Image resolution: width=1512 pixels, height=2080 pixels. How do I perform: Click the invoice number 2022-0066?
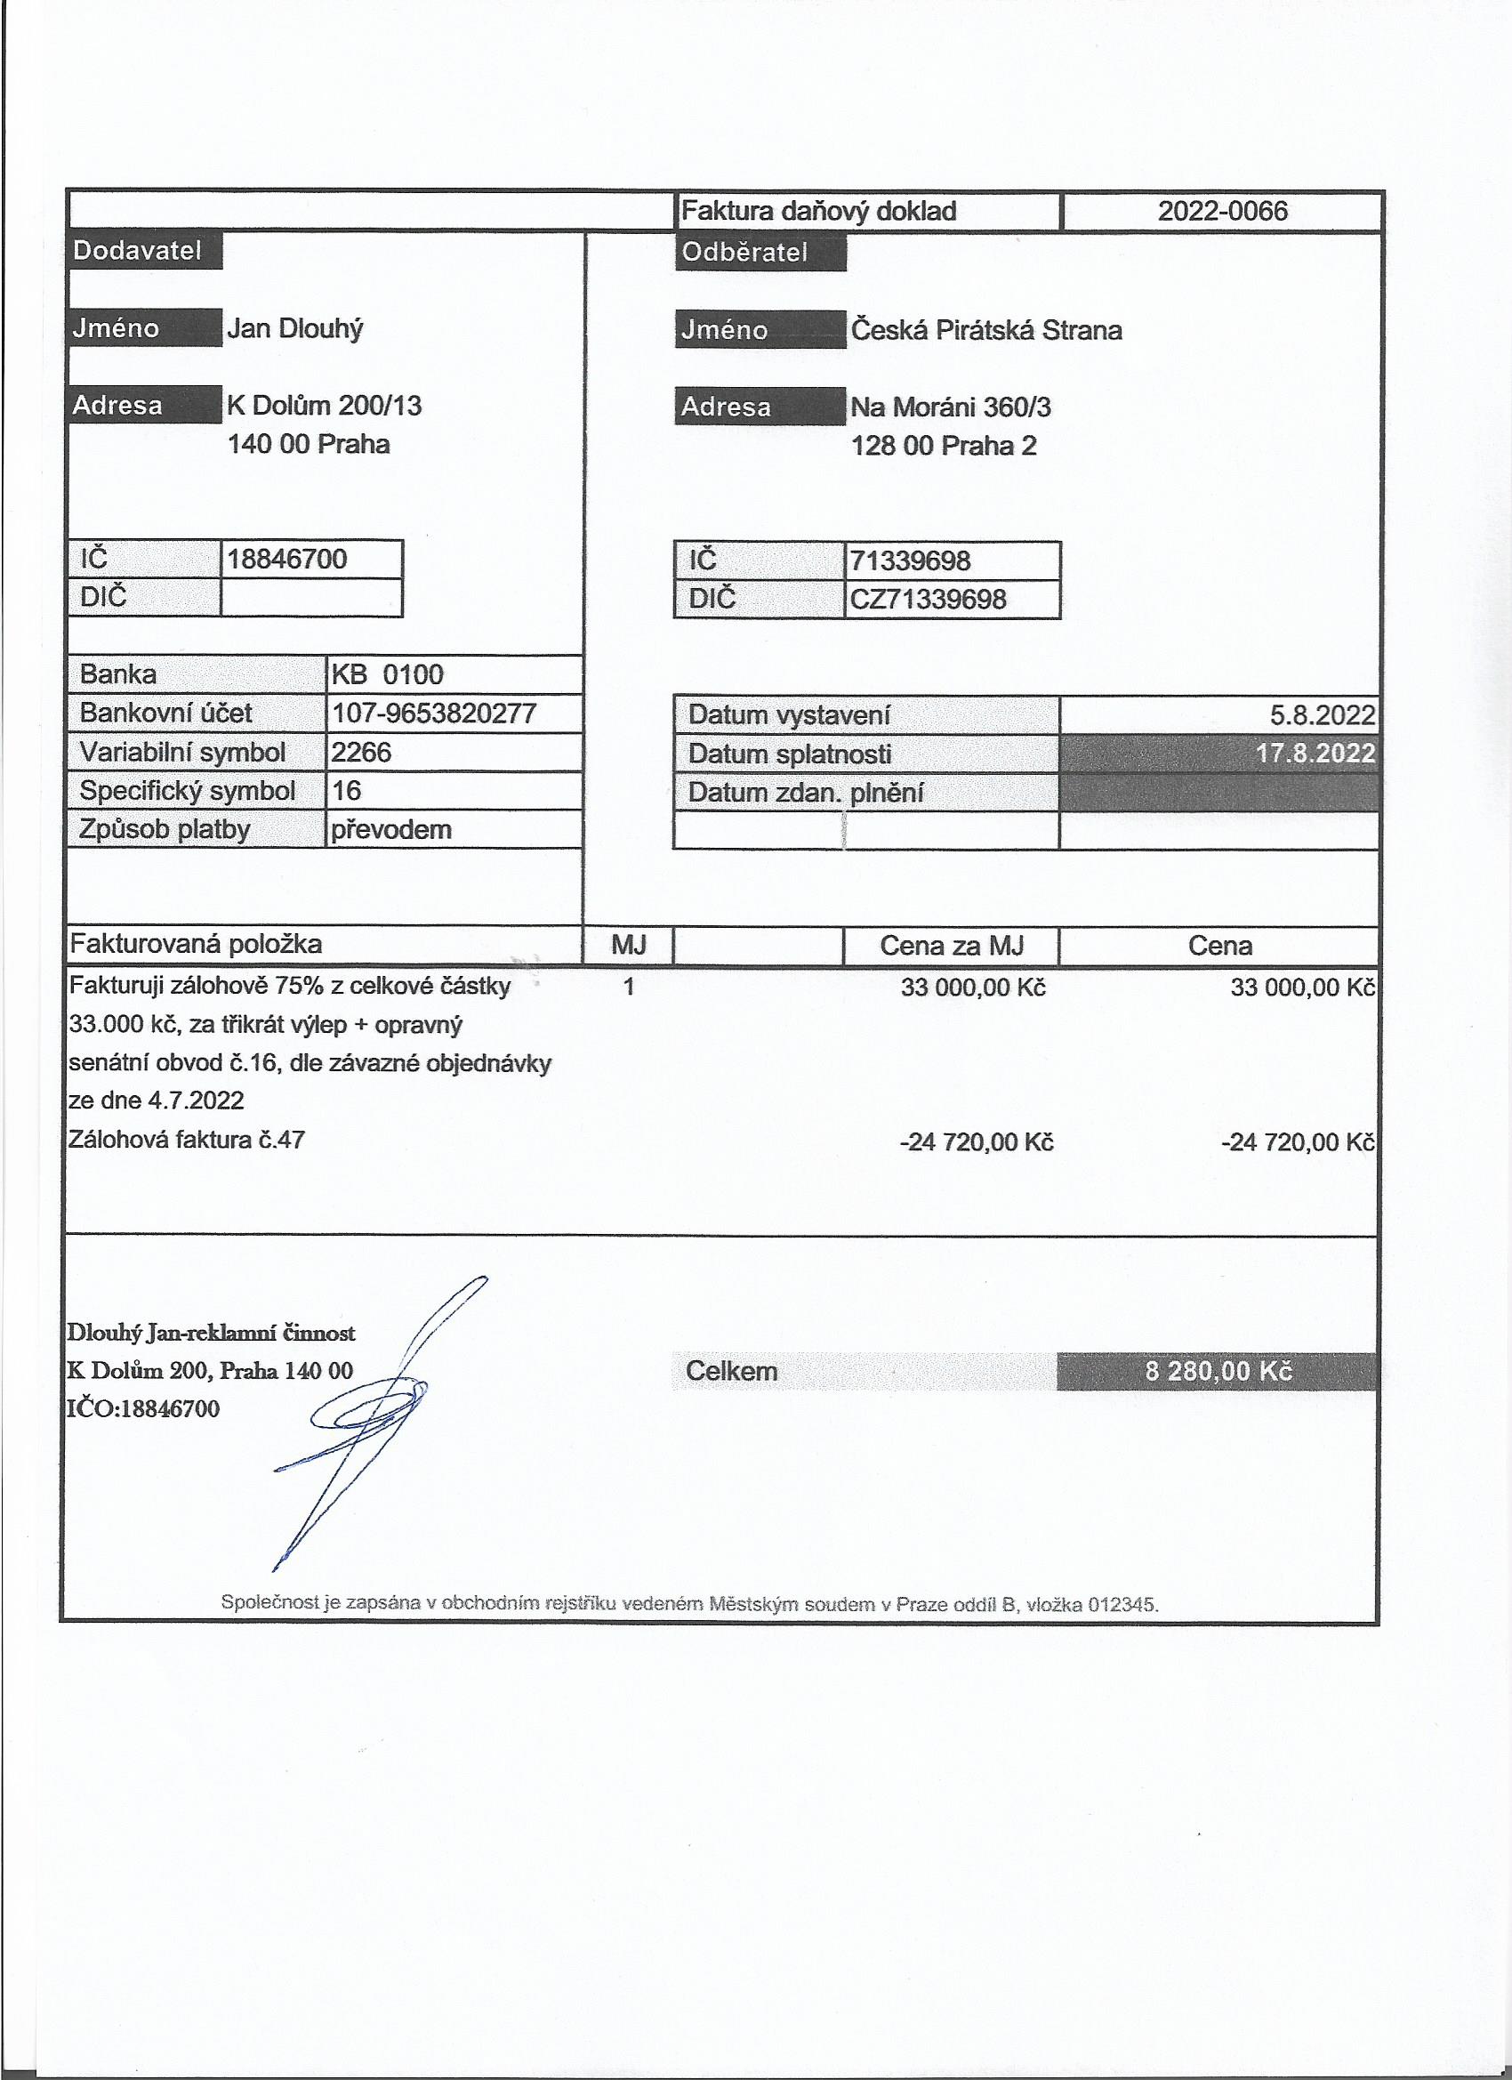(x=1221, y=212)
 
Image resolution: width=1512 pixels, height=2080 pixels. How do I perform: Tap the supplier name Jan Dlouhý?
(x=294, y=328)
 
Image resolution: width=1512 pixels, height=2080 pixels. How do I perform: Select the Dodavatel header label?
(x=138, y=250)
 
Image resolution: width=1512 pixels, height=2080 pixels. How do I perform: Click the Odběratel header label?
(x=744, y=252)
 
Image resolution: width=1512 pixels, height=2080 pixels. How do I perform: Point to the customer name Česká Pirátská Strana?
(x=985, y=330)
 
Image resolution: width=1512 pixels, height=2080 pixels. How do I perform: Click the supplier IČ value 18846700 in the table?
(x=287, y=560)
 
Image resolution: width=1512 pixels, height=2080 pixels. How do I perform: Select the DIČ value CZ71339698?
(x=928, y=600)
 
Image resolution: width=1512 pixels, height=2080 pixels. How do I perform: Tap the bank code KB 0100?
(x=387, y=675)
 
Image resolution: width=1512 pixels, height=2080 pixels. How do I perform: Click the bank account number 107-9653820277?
(x=433, y=713)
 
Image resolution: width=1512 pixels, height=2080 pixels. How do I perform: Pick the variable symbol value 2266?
(x=361, y=752)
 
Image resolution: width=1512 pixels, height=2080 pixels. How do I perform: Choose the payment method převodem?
(x=390, y=830)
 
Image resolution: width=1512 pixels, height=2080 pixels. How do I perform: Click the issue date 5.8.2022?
(x=1322, y=715)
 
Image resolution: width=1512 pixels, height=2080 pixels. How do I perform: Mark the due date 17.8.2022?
(x=1315, y=754)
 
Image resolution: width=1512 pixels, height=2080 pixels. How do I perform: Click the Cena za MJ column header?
(x=951, y=946)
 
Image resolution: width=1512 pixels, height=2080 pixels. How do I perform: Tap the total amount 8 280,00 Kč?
(x=1218, y=1372)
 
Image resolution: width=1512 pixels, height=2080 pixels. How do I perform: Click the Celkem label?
(x=731, y=1372)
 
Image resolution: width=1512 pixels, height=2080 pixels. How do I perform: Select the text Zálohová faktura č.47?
(x=187, y=1140)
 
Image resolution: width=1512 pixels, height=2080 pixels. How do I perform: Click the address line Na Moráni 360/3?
(x=950, y=407)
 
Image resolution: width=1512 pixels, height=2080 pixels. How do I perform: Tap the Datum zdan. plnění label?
(x=805, y=793)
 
